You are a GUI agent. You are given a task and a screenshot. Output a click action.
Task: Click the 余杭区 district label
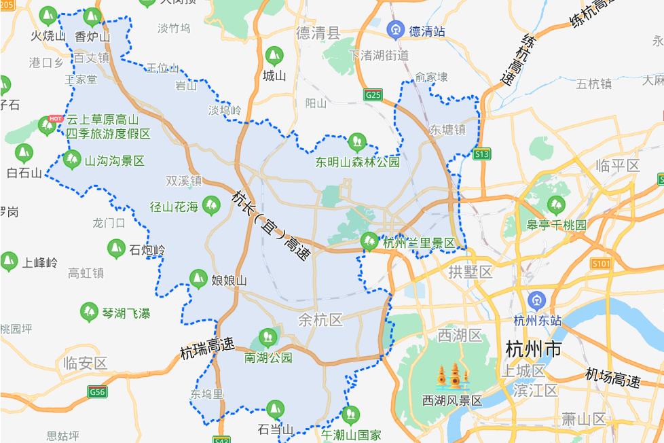point(320,320)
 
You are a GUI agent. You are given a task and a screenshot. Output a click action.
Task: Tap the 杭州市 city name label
point(534,350)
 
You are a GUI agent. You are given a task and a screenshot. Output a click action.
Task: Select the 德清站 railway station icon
point(395,31)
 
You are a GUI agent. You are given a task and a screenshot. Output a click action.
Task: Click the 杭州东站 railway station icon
point(536,300)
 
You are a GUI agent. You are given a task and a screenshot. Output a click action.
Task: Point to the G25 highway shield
point(373,95)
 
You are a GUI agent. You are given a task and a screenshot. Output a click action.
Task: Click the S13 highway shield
point(481,154)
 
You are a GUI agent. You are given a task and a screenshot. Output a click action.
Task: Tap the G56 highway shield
point(97,391)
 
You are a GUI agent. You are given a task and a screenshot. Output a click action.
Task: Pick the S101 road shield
point(602,264)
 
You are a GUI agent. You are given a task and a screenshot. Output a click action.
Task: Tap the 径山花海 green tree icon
point(212,205)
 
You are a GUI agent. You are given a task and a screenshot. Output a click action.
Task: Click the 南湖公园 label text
point(268,357)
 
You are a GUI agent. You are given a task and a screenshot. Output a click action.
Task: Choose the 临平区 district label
point(617,166)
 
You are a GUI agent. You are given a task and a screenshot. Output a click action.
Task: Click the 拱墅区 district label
point(470,272)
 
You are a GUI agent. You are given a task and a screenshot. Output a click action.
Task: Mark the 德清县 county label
point(318,33)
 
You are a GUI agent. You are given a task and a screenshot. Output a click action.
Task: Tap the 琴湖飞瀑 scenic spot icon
point(89,313)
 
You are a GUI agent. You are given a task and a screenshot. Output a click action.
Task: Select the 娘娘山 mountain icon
point(198,278)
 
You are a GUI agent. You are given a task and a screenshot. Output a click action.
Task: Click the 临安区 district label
point(85,363)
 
